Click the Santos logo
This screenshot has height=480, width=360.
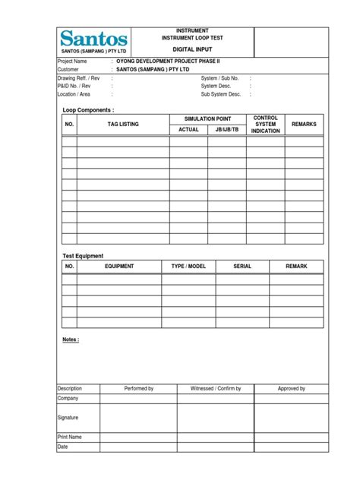pos(94,38)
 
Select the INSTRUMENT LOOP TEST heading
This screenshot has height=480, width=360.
pos(192,36)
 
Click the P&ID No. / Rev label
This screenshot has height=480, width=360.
pos(74,86)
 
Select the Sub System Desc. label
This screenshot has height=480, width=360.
pos(220,94)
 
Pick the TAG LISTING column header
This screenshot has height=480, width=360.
pos(123,124)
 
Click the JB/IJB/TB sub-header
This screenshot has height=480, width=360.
pos(226,130)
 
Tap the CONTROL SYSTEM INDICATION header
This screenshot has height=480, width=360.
pos(265,125)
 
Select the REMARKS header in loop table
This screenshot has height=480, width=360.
pos(304,124)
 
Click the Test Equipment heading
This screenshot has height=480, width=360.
pos(83,256)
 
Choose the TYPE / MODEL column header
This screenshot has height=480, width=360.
pos(188,267)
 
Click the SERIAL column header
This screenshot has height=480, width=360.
pos(242,267)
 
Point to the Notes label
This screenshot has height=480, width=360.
pos(71,339)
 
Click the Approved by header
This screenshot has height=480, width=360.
pos(291,388)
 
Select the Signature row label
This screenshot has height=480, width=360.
pos(68,418)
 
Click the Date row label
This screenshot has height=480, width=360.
pos(63,447)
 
